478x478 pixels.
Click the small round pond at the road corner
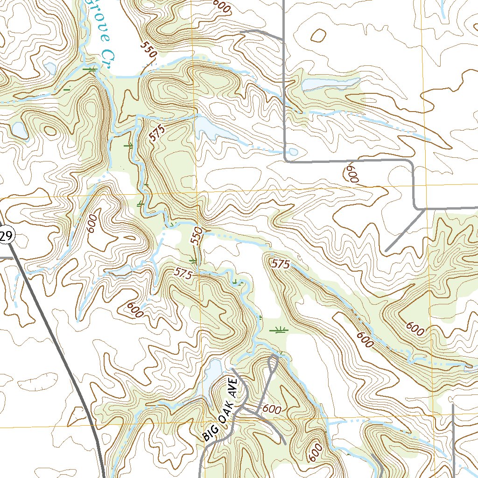[x=293, y=152]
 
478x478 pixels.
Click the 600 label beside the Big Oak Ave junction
[x=271, y=409]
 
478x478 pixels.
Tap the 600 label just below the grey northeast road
[x=352, y=174]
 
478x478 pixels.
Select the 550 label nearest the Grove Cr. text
[x=148, y=49]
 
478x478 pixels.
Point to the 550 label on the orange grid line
[x=197, y=235]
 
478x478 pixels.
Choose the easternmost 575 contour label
[x=280, y=264]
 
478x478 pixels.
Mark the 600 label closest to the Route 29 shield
[x=91, y=224]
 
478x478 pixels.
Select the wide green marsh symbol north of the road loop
[x=279, y=330]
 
